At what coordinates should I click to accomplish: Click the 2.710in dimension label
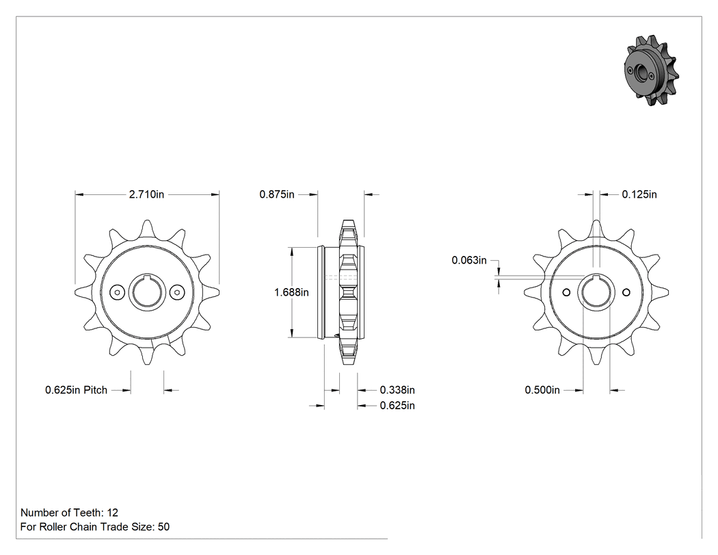146,194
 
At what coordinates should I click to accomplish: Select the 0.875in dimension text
277,194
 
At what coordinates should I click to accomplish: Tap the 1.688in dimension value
291,292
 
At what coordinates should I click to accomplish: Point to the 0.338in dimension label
397,390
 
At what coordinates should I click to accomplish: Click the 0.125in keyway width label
639,194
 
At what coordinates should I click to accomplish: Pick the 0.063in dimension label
469,260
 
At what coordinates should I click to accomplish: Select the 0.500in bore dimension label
542,390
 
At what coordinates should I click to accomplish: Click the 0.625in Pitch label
76,390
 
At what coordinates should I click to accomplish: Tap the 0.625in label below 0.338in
397,406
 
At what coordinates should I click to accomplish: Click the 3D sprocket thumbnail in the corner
651,70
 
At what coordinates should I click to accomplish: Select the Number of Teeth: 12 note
69,513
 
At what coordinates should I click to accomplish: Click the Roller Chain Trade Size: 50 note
95,526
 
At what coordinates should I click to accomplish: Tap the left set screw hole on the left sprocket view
118,292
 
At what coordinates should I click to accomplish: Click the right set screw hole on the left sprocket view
176,292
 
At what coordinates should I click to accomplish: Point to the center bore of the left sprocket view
147,292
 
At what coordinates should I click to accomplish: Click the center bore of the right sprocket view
596,292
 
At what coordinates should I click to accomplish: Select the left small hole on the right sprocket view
566,292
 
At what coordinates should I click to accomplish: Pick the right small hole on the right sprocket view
626,292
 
